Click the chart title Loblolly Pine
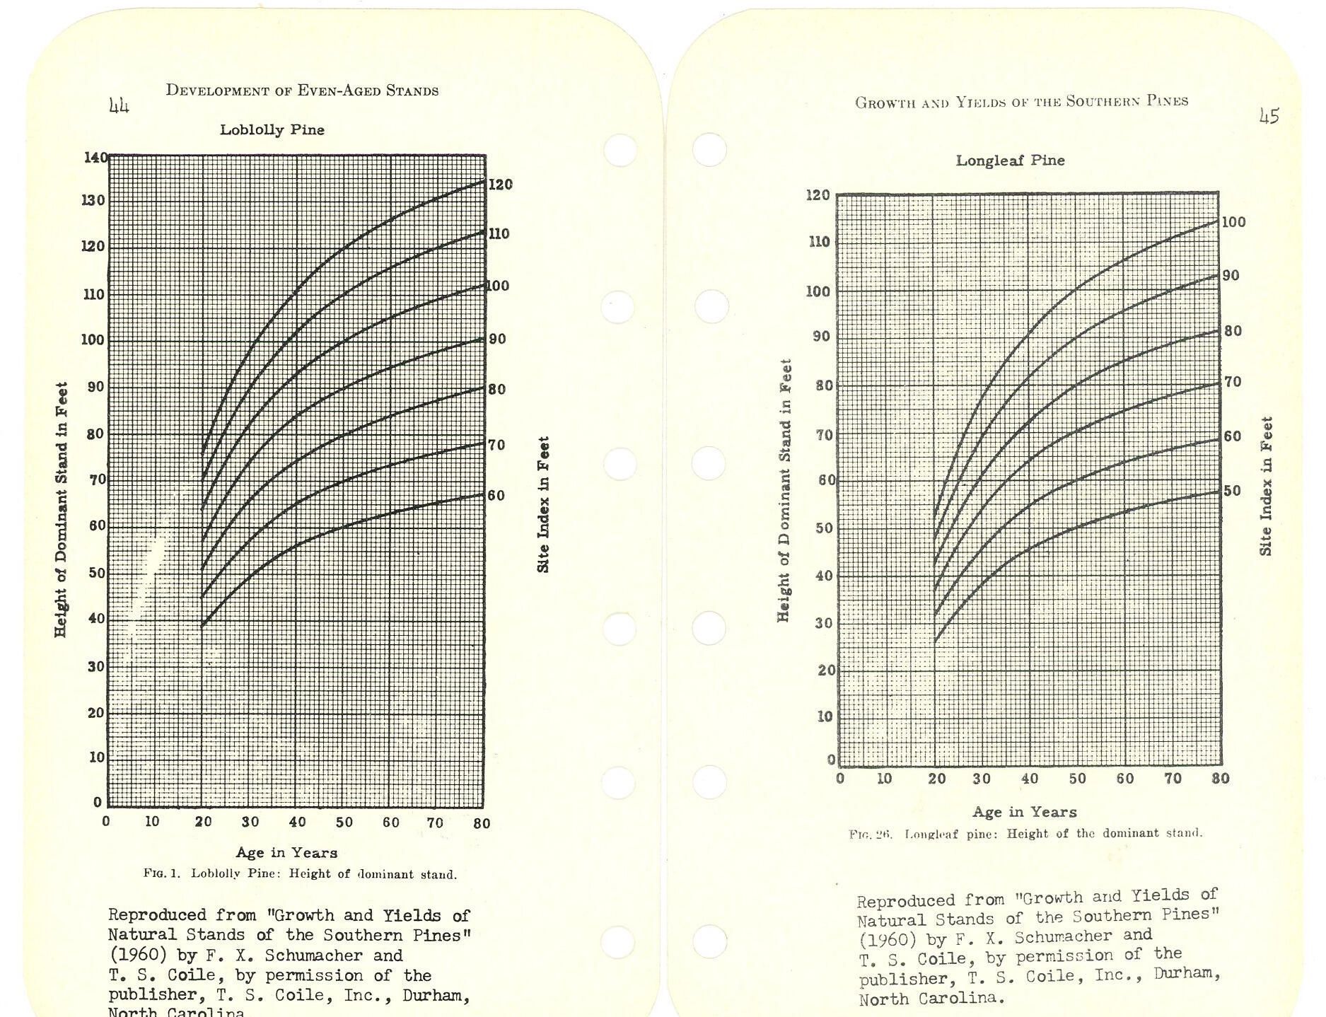coord(272,130)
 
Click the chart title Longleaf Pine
coord(1010,161)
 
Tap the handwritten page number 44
coord(119,106)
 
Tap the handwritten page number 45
coord(1269,116)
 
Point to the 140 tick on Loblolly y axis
coord(95,157)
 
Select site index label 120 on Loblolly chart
coord(500,185)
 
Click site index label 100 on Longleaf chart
coord(1233,222)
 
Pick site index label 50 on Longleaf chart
coord(1231,491)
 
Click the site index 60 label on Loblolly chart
coord(496,496)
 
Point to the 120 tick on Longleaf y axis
coord(818,194)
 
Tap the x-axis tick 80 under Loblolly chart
coord(482,823)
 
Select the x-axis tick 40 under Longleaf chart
coord(1030,779)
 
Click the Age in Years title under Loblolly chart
coord(286,853)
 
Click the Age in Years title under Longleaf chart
coord(1025,812)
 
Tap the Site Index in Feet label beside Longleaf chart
coord(1266,486)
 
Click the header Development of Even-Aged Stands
coord(302,91)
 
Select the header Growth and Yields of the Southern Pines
coord(1021,101)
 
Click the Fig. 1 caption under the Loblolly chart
coord(300,874)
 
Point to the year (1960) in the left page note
coord(139,955)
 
